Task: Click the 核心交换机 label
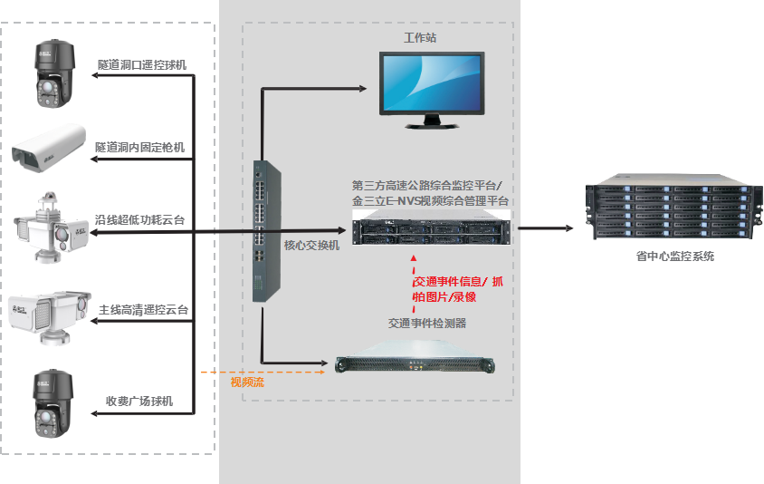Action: (311, 246)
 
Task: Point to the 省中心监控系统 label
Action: (675, 257)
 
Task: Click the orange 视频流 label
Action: (246, 382)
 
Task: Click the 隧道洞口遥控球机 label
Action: (143, 65)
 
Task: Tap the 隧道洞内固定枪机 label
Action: (141, 146)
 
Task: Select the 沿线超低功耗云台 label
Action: (142, 220)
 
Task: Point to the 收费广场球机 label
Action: (139, 401)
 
